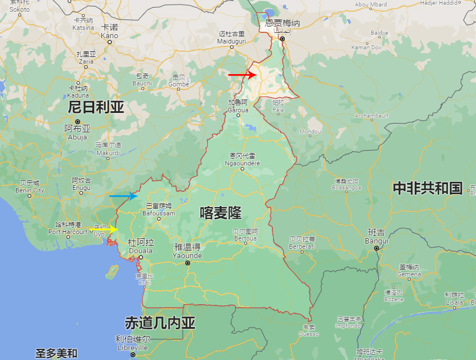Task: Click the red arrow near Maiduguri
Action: click(x=242, y=75)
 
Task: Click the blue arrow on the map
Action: click(x=124, y=196)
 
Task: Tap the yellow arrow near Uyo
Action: click(x=104, y=229)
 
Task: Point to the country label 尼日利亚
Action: click(x=96, y=107)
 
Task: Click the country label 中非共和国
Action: click(x=428, y=188)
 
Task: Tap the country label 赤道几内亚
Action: click(x=159, y=322)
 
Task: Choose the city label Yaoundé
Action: click(x=187, y=255)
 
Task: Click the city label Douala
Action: click(x=141, y=249)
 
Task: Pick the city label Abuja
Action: click(x=77, y=136)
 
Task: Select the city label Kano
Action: click(x=109, y=35)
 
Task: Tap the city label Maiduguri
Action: click(x=231, y=42)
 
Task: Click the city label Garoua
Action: click(x=238, y=110)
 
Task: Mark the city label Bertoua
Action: click(x=245, y=238)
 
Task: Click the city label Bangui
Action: click(x=377, y=240)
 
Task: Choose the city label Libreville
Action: click(x=133, y=347)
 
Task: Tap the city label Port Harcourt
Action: click(x=68, y=232)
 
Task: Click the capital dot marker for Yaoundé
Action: click(x=188, y=263)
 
